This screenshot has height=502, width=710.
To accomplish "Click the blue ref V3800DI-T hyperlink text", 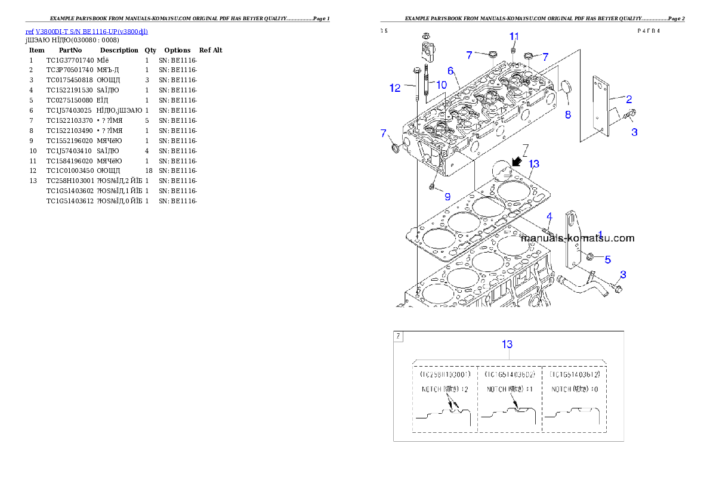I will (87, 32).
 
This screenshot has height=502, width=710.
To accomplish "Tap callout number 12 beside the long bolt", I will (395, 88).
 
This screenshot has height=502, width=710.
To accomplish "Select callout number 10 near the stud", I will (441, 85).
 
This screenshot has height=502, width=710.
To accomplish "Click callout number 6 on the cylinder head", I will (452, 71).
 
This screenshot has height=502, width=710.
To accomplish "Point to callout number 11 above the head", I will (514, 37).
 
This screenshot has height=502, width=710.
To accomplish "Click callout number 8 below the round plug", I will (567, 114).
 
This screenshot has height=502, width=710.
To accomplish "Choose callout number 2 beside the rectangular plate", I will (629, 100).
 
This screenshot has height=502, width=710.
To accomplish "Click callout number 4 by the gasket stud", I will (549, 216).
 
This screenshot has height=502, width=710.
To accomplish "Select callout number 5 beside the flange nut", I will (607, 259).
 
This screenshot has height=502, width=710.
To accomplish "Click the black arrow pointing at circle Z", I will (517, 161).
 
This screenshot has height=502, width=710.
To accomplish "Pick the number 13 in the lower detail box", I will (507, 344).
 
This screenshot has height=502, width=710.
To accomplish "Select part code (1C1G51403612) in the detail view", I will (575, 374).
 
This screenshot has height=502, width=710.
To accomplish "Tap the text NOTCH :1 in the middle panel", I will (510, 389).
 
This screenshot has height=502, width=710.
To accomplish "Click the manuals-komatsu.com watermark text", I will (578, 238).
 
